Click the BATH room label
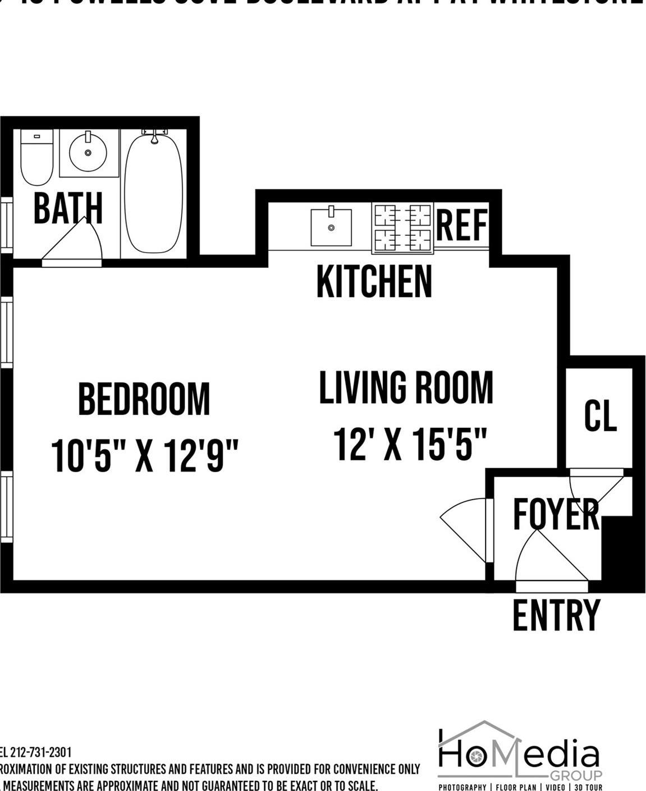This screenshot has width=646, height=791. coord(68,208)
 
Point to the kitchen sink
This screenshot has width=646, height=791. coord(331,227)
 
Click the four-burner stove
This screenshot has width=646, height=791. coord(402,227)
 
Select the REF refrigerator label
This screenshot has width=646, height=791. coord(461,225)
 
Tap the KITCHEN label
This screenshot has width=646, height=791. coord(374,282)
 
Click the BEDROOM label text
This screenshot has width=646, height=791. coord(144,399)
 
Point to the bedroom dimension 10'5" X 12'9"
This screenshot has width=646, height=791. coord(145,455)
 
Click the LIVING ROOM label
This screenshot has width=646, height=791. coord(406,387)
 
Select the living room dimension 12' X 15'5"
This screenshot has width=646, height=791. coord(409,444)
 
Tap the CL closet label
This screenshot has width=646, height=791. coord(600,416)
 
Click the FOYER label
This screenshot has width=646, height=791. coord(556,514)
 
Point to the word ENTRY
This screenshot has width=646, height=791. coord(556,615)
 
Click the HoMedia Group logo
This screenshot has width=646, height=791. coord(519,755)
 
